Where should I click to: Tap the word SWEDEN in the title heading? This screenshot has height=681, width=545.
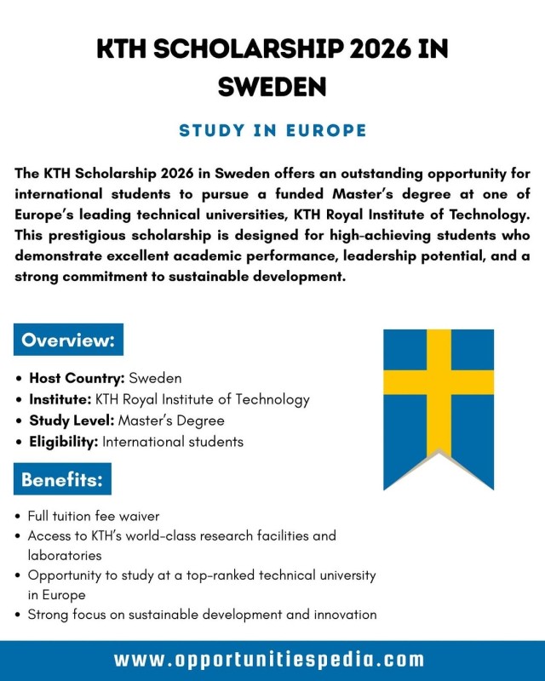tap(272, 86)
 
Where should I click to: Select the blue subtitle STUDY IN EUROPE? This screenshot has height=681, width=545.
tap(272, 130)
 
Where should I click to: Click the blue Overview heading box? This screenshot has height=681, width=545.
tap(68, 340)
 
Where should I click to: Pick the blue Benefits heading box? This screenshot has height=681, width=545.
tap(62, 479)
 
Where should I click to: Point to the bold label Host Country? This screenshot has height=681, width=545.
tap(77, 378)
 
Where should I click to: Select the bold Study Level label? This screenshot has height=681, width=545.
tap(72, 421)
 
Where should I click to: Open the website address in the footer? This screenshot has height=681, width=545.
tap(269, 660)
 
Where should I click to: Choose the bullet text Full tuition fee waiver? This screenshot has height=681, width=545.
tap(94, 516)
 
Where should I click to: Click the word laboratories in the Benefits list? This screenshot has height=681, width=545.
tap(65, 555)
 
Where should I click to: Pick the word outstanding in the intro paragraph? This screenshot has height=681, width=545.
tap(374, 174)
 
